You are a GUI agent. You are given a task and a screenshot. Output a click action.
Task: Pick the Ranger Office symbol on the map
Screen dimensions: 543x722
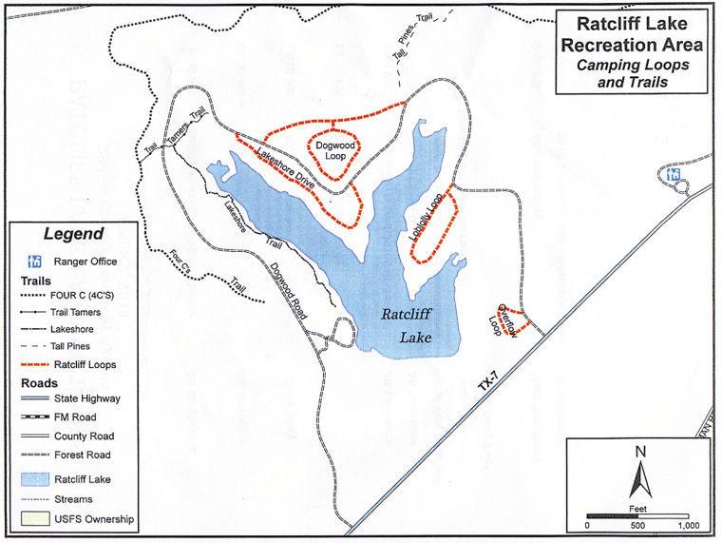[674, 174]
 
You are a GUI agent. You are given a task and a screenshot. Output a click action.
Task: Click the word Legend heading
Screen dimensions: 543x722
[74, 234]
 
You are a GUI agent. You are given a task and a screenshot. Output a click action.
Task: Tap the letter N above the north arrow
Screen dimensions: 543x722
[640, 450]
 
